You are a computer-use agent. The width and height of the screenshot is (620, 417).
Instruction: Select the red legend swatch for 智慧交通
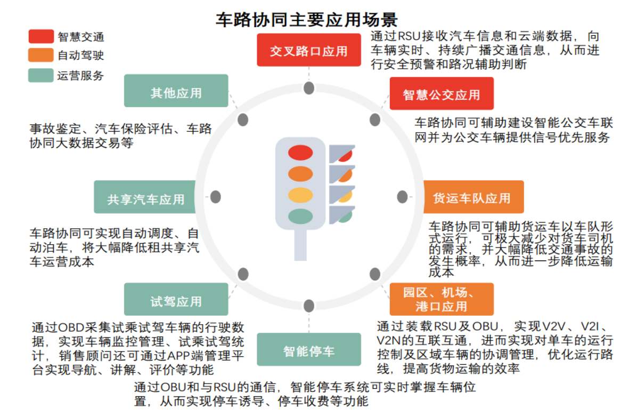point(41,36)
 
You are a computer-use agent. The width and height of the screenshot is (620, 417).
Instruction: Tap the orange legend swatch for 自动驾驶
point(41,55)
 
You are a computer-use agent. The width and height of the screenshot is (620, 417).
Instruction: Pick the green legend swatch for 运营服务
point(41,75)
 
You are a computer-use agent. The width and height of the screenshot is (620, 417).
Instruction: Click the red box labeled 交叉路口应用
point(308,51)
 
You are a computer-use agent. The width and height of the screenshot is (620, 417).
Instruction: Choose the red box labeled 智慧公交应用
point(442,94)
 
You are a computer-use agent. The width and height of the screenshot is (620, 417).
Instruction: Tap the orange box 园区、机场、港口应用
point(442,299)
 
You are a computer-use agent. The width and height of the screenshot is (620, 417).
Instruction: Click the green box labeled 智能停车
point(308,350)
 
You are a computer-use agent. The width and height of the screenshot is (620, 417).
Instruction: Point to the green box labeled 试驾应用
point(176,300)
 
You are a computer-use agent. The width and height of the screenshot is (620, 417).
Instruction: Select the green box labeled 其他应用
point(176,92)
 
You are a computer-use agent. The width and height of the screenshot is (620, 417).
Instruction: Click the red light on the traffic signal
point(300,153)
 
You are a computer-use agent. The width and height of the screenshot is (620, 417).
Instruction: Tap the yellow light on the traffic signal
point(300,195)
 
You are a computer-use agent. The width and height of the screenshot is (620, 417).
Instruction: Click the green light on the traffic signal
point(300,216)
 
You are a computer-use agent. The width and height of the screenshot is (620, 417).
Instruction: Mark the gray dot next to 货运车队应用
point(403,197)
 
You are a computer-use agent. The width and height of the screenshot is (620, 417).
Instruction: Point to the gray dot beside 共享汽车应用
point(215,197)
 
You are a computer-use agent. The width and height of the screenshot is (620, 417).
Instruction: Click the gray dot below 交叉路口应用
point(309,89)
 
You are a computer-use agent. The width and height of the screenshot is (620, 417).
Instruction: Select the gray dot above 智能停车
point(309,306)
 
